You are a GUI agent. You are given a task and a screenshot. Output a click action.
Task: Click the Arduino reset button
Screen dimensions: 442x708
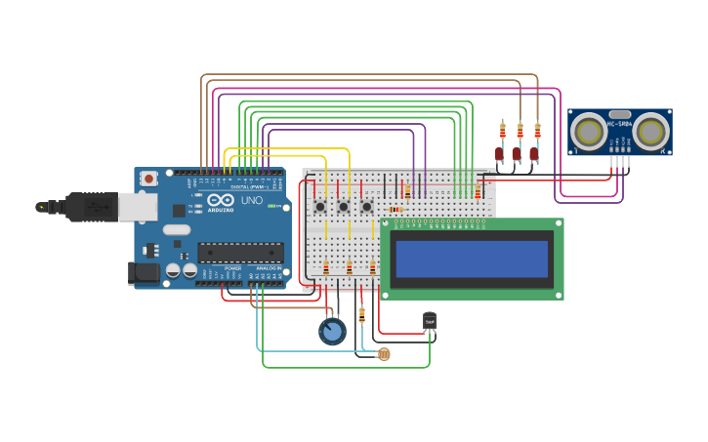point(148,179)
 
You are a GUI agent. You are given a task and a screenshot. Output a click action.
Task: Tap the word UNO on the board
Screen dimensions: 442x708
point(252,200)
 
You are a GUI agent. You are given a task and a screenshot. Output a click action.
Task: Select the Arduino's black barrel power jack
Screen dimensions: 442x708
point(145,273)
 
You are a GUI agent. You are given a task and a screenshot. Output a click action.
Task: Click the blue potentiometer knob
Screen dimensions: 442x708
point(332,332)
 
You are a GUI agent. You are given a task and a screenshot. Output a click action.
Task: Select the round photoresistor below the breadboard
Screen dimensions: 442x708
point(383,354)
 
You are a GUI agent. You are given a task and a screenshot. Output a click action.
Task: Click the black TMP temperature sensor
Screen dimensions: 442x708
point(430,321)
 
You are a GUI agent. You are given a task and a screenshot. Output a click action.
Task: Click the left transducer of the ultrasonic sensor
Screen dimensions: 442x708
point(589,130)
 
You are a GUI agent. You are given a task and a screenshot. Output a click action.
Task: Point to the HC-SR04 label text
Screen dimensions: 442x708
point(619,124)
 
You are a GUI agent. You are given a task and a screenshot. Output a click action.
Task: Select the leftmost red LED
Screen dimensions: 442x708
point(499,153)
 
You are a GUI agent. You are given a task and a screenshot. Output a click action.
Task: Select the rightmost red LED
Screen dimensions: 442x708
point(534,153)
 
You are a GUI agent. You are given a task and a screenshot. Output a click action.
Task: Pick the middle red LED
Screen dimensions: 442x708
point(517,153)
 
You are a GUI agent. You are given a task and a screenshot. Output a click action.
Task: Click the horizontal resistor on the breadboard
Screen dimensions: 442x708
point(396,209)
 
